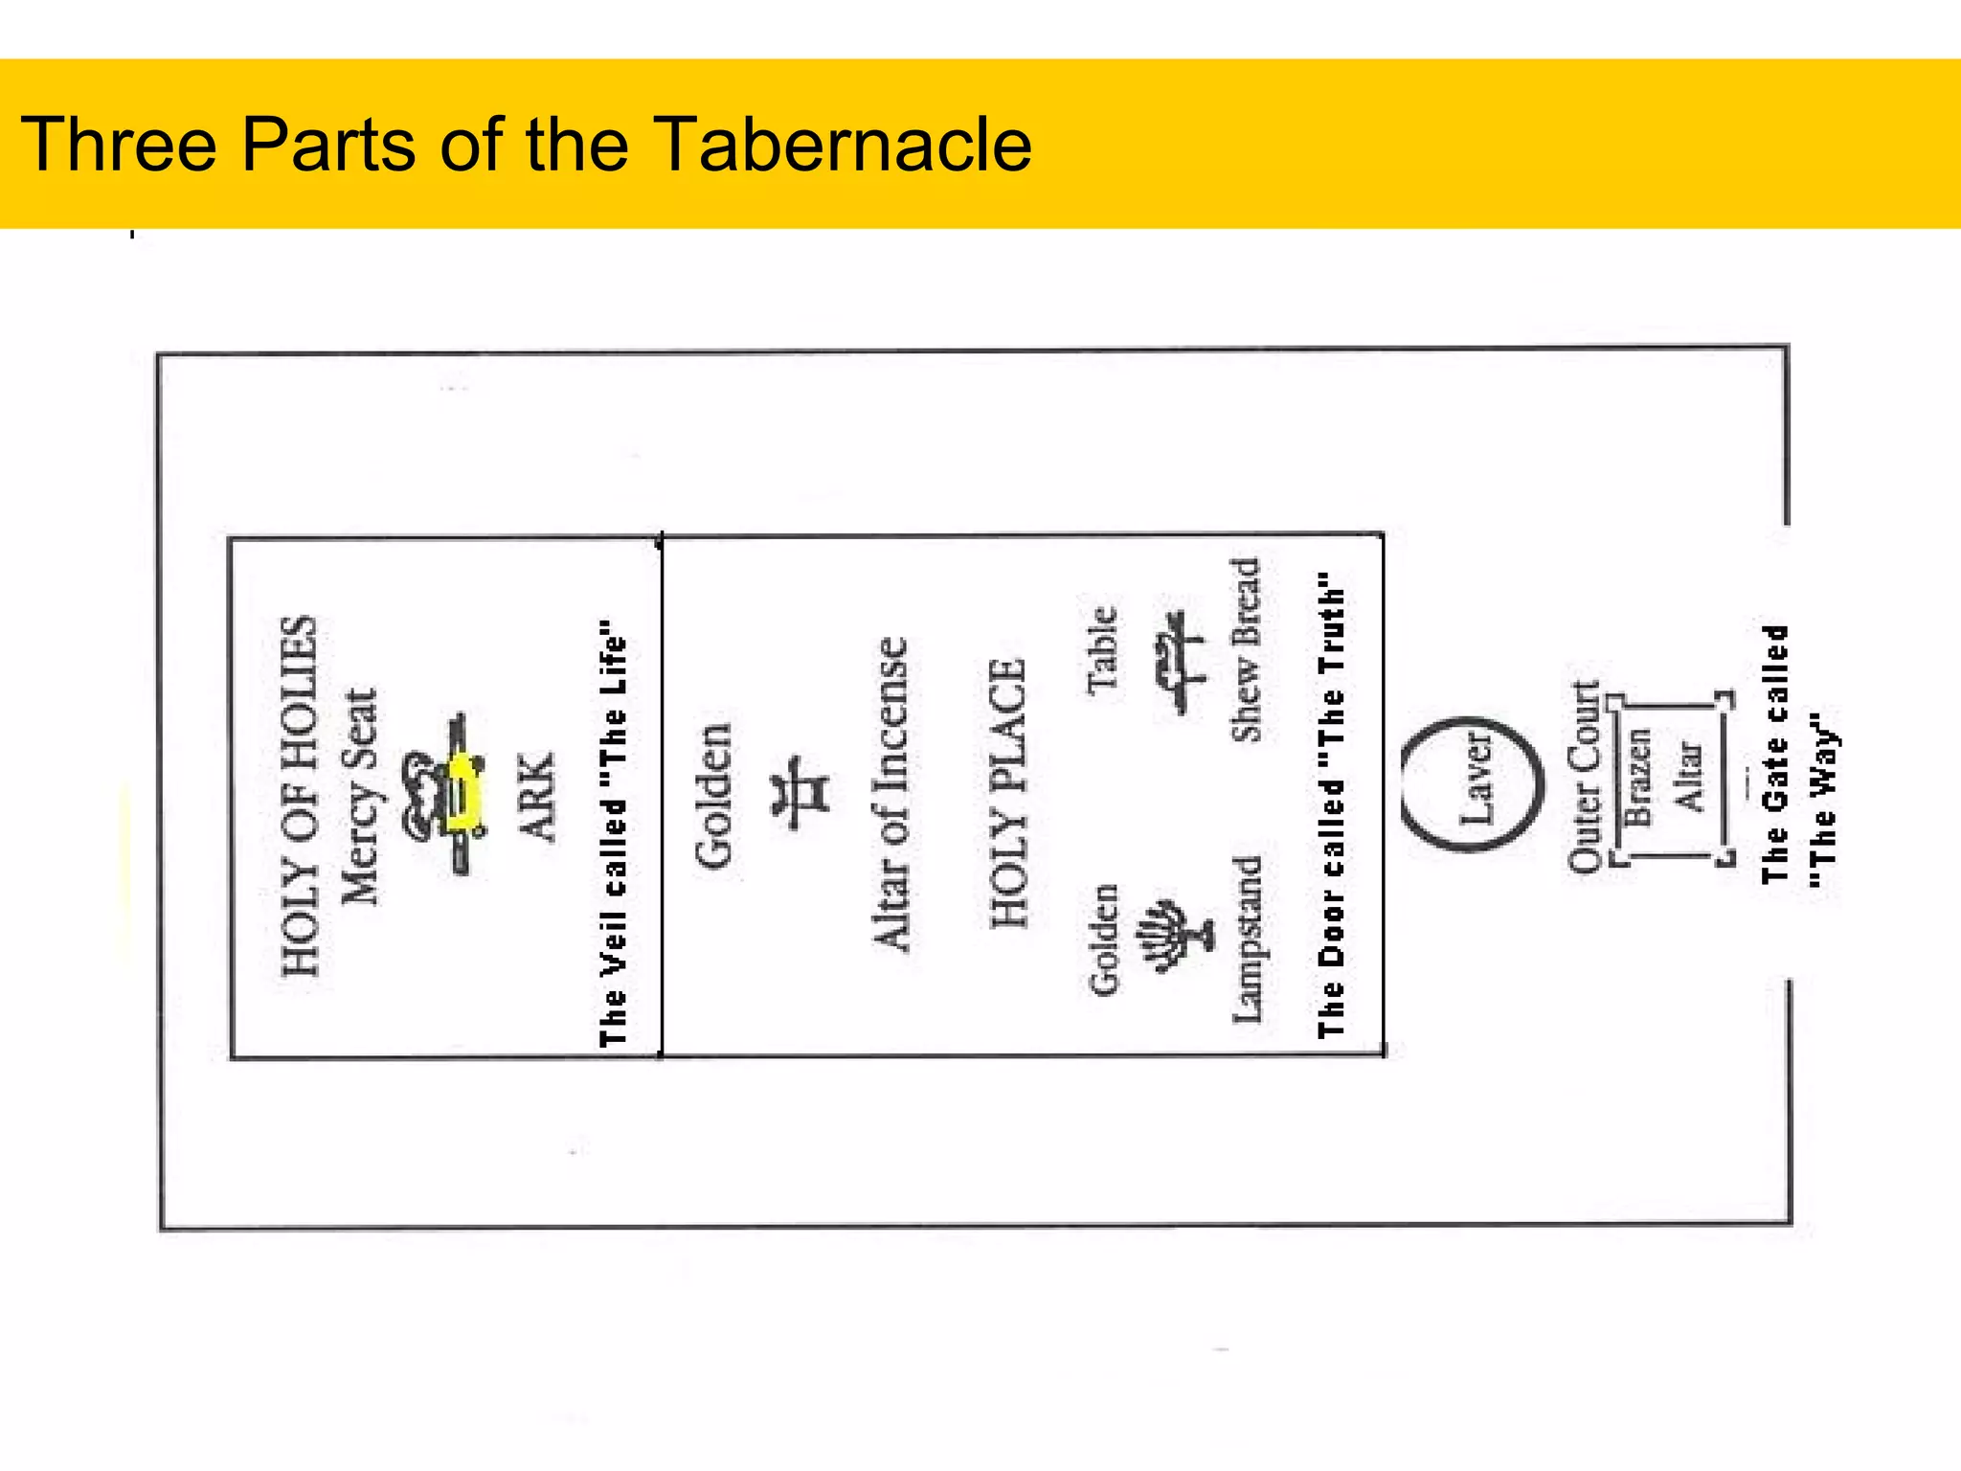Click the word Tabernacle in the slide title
pos(843,145)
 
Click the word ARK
pos(537,797)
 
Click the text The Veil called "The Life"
pos(613,833)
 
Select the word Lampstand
pos(1247,939)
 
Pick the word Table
pos(1103,649)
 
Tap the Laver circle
pos(1473,783)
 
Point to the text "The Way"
pos(1822,801)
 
